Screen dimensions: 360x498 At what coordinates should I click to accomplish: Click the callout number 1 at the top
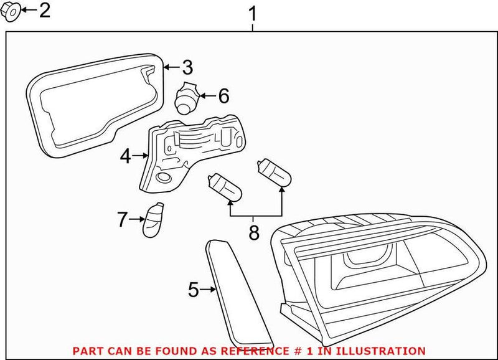(252, 12)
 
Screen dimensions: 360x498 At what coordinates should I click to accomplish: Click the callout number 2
(45, 10)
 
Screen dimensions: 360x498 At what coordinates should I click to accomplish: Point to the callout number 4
(125, 156)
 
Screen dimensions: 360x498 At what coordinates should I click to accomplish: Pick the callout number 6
(223, 96)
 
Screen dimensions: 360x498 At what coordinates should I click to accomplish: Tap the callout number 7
(122, 219)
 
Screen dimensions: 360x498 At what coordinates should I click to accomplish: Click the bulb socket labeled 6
(186, 97)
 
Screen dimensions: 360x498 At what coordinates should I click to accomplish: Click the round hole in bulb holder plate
(164, 179)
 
